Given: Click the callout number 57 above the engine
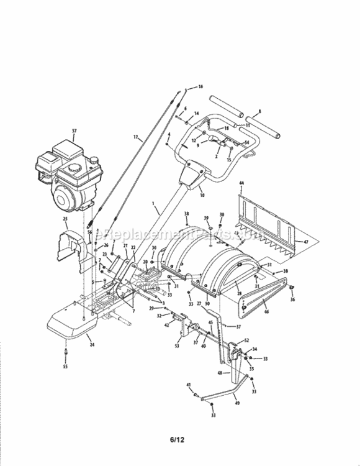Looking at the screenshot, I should click(x=74, y=131).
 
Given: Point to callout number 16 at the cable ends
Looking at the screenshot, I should click(x=200, y=86).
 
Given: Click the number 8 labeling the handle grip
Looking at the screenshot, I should click(x=259, y=111).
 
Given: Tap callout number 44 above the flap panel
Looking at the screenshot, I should click(x=241, y=183).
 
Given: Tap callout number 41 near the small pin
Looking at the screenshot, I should click(x=189, y=386).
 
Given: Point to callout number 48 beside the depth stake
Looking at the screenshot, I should click(x=218, y=373).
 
